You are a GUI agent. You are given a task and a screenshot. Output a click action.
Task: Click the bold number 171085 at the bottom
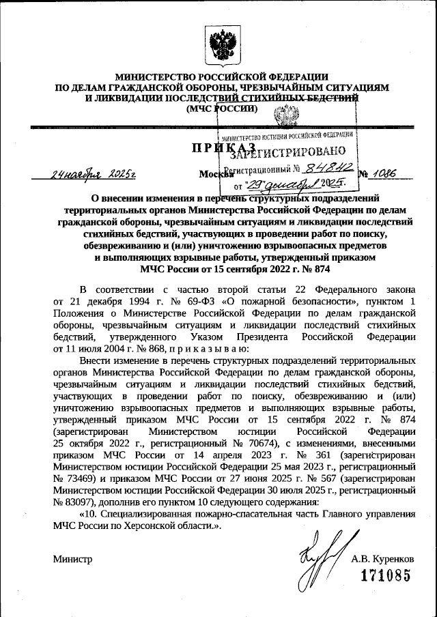click(386, 575)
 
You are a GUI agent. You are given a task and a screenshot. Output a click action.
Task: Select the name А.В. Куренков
click(382, 558)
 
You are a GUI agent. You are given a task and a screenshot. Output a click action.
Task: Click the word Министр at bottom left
click(72, 558)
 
